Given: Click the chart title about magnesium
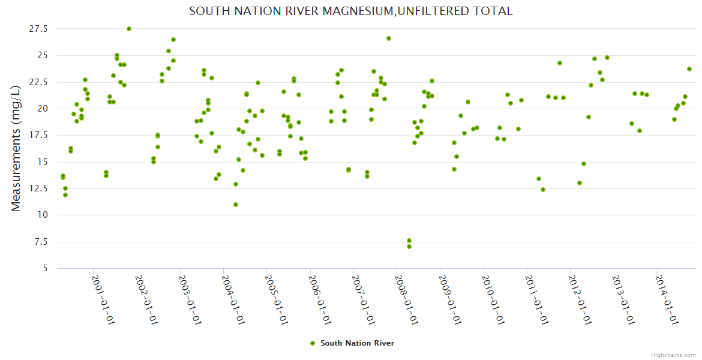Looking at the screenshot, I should (350, 11).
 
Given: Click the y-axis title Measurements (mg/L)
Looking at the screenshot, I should (16, 148).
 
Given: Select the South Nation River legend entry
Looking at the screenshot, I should (357, 343).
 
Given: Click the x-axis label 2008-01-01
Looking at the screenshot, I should (407, 300).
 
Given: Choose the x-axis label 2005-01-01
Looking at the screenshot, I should (277, 300).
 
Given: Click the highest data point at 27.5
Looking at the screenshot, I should (129, 29).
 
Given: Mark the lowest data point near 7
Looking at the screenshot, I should (409, 247).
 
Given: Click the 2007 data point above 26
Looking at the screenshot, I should (389, 38).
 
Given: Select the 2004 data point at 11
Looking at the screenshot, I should (236, 205).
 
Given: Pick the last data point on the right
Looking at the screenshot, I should (689, 69).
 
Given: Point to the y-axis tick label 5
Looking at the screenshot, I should (44, 268).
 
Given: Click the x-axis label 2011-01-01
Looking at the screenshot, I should (537, 300).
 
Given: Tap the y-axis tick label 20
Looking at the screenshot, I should (41, 109).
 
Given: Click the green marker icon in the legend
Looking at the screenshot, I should (312, 343).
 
